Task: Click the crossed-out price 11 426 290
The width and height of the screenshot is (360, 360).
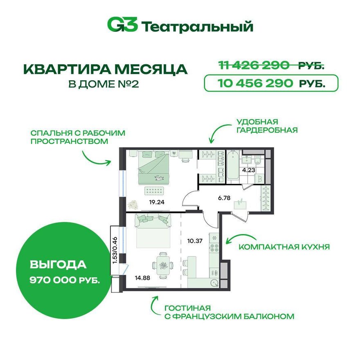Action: point(254,65)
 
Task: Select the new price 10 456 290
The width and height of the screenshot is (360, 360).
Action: point(255,83)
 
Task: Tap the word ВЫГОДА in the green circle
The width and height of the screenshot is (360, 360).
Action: point(58,265)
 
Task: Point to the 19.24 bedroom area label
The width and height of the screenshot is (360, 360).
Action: point(157,202)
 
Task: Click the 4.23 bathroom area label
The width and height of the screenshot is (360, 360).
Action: point(249,170)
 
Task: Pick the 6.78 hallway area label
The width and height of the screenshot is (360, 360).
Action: point(224,198)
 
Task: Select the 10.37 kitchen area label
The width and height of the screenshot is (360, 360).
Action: point(195,241)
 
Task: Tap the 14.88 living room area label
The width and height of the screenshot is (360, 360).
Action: point(142,278)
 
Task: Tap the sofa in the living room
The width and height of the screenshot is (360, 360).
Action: point(153,221)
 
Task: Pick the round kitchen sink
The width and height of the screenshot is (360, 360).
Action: point(215,283)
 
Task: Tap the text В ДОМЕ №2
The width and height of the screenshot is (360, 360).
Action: point(104,84)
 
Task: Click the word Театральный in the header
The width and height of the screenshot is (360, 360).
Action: point(197,27)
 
